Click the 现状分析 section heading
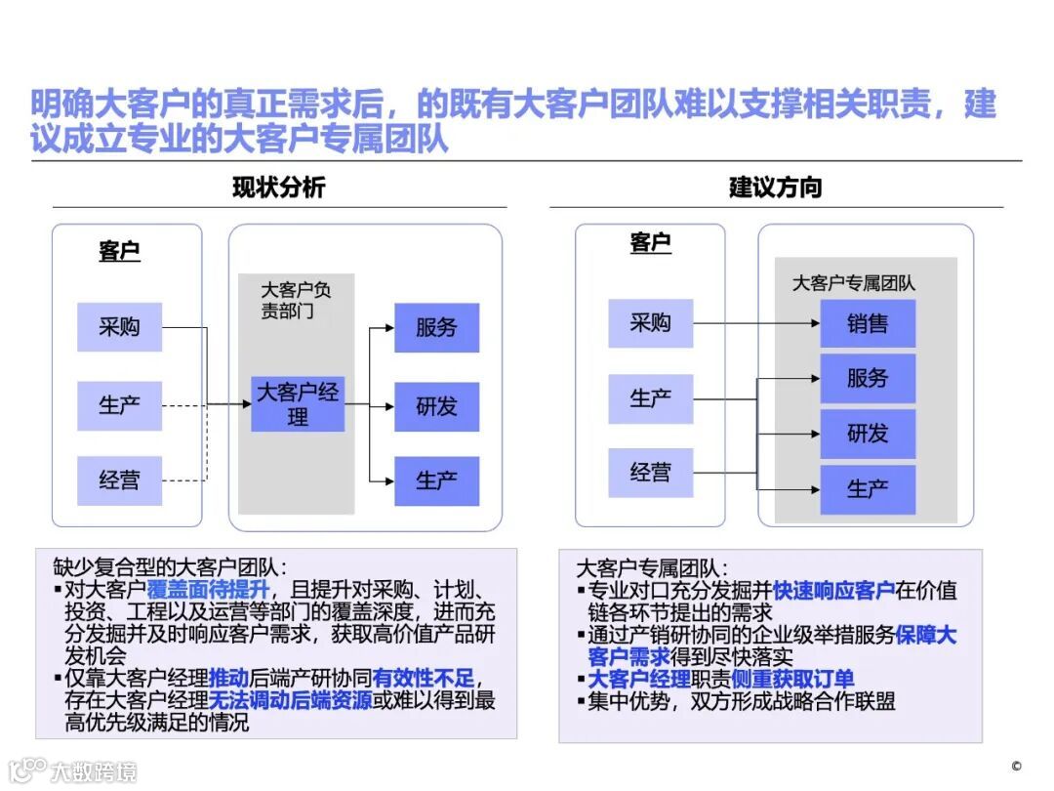(x=278, y=187)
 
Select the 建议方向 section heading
(x=775, y=187)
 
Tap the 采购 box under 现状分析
(x=119, y=327)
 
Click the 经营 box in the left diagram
(x=119, y=480)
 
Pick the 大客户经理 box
(x=298, y=404)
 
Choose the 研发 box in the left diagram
(x=436, y=406)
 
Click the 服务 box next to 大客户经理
(x=436, y=327)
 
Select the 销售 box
(x=868, y=323)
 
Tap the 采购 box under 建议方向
(x=650, y=323)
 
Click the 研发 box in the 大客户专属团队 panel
(x=868, y=434)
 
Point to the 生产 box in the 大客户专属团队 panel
(x=868, y=489)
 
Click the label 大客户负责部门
(x=296, y=301)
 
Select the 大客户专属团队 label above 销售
(x=853, y=283)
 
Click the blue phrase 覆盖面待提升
(x=205, y=589)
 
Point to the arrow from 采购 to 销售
(x=756, y=323)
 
